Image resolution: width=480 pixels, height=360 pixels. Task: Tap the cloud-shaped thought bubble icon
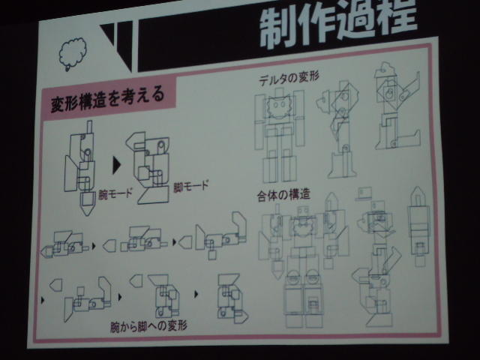click(72, 54)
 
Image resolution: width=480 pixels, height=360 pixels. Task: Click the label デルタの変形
click(289, 78)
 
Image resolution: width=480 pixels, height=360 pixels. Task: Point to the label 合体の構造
click(283, 195)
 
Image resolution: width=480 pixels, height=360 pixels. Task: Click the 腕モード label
click(115, 193)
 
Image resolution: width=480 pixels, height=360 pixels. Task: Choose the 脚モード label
click(191, 186)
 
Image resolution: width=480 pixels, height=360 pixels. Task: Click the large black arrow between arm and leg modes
click(116, 165)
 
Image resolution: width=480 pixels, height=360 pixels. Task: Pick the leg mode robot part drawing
click(148, 168)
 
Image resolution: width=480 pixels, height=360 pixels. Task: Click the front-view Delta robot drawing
click(280, 135)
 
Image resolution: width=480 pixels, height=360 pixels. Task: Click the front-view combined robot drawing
click(303, 263)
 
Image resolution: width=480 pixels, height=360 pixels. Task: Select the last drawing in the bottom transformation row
click(232, 298)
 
